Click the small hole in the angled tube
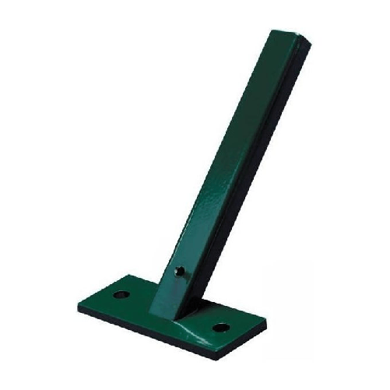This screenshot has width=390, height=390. (x=181, y=272)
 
